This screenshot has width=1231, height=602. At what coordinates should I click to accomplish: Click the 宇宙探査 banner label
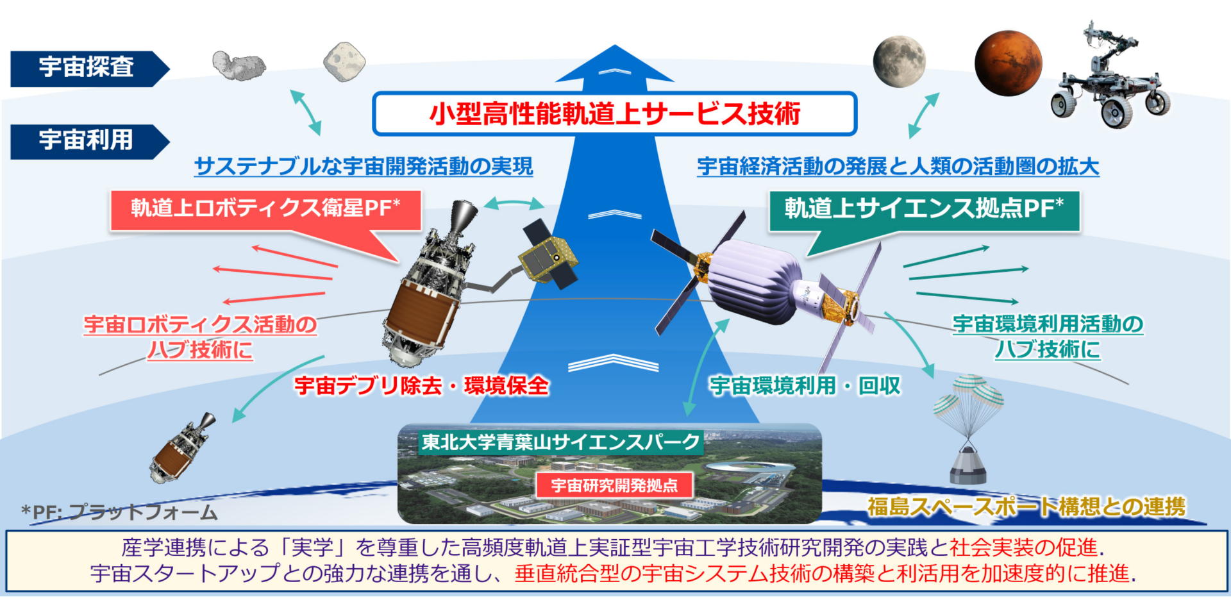86,67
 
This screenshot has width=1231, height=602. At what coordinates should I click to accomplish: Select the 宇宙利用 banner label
86,140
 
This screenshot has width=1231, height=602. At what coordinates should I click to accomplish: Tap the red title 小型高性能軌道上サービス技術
615,114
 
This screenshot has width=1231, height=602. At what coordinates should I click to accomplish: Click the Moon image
900,62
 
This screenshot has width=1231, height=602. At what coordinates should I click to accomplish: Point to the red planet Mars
1008,63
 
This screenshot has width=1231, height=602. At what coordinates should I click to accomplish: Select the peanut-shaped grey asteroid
239,65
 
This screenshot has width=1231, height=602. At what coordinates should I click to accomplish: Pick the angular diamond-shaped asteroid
344,62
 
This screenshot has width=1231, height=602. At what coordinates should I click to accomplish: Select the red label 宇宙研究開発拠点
614,485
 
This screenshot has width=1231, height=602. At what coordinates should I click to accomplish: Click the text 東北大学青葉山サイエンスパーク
560,442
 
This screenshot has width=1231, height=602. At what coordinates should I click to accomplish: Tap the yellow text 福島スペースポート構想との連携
1026,507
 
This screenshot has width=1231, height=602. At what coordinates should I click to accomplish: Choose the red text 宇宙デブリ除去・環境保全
421,386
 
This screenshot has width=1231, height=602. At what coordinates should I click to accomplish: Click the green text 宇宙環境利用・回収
805,386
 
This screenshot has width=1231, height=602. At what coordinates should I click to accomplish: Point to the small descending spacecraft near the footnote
182,448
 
